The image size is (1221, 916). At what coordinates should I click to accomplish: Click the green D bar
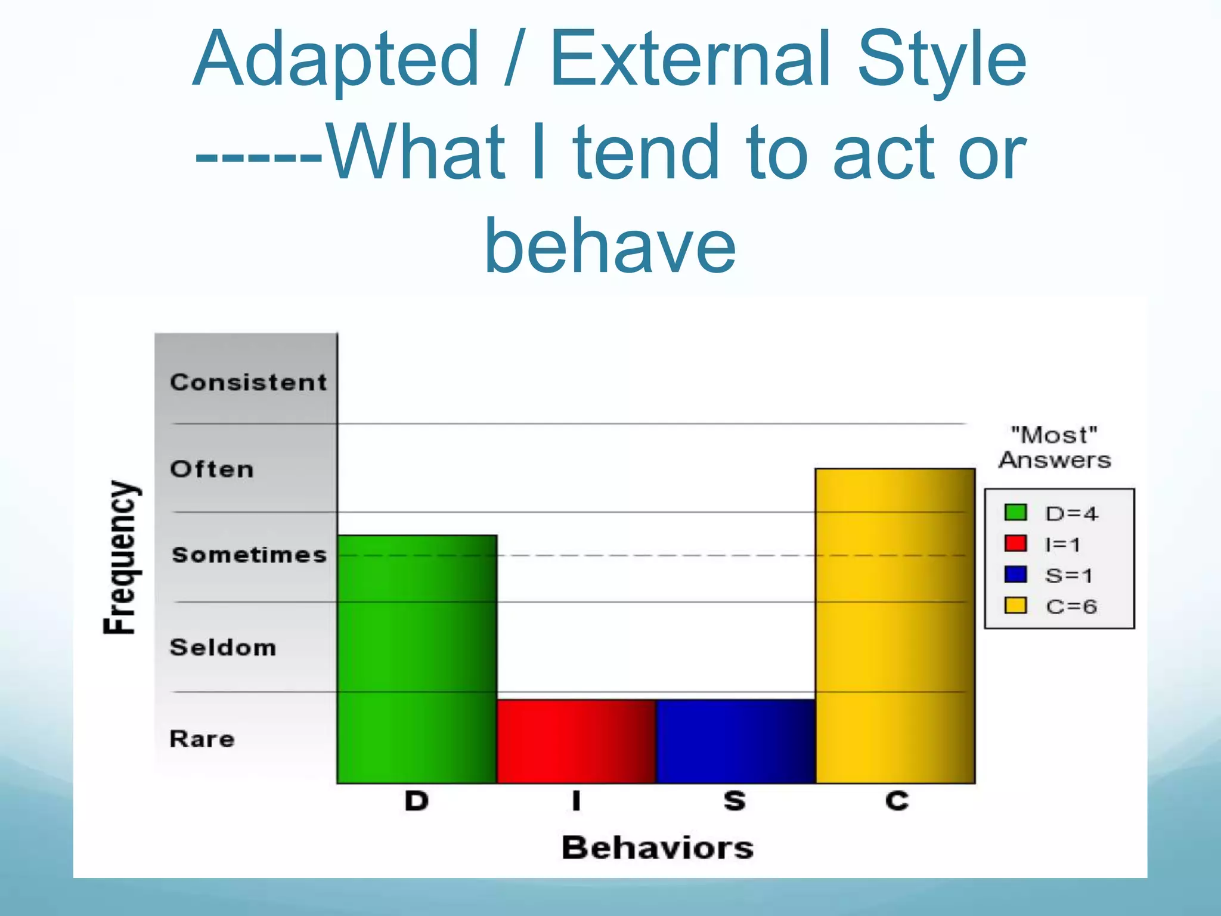[417, 659]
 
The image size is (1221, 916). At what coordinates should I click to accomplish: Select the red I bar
[576, 741]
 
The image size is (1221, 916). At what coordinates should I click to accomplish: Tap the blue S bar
[735, 741]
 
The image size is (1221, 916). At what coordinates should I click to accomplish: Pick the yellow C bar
[895, 626]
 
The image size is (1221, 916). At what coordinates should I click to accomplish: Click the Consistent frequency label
[248, 382]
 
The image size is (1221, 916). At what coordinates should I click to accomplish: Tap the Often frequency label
[212, 469]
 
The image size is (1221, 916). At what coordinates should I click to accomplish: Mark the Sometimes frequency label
[249, 555]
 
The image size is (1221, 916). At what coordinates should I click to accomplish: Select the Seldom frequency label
[223, 647]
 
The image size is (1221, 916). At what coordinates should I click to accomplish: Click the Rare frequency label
[202, 739]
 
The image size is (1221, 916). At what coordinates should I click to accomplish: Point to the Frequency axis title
[122, 557]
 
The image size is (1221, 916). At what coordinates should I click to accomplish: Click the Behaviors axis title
[658, 847]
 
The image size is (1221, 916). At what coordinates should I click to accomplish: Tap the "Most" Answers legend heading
[1055, 447]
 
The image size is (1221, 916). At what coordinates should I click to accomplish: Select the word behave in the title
[610, 245]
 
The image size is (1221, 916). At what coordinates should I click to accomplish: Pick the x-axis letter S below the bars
[735, 800]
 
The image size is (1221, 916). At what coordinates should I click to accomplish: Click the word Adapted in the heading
[336, 60]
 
